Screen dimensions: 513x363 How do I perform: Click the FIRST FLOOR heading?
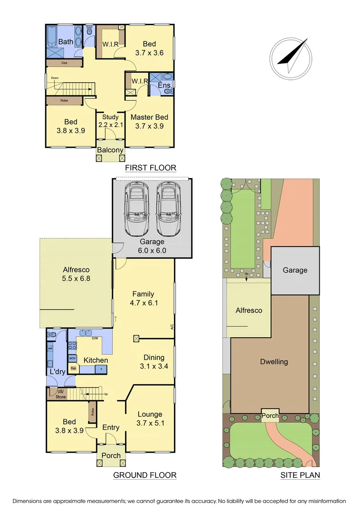[x=150, y=168]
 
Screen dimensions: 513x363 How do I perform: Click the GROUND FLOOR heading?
[x=144, y=475]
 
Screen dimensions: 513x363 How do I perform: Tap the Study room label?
[x=110, y=121]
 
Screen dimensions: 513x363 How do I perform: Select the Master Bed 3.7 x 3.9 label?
[x=149, y=122]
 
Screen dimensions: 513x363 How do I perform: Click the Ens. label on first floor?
[x=164, y=85]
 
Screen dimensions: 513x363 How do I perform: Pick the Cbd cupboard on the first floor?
[x=64, y=63]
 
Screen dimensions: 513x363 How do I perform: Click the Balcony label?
[x=110, y=151]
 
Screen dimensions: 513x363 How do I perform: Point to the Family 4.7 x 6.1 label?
[x=143, y=299]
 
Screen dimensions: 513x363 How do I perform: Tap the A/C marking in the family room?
[x=172, y=327]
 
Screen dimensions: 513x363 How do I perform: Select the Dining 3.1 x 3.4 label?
[x=154, y=362]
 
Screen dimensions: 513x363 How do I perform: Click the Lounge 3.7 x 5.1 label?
[x=150, y=418]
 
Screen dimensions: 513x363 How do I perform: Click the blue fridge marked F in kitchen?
[x=100, y=369]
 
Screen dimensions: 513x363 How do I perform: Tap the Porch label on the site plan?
[x=270, y=416]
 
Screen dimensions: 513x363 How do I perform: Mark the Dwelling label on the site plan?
[x=274, y=362]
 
